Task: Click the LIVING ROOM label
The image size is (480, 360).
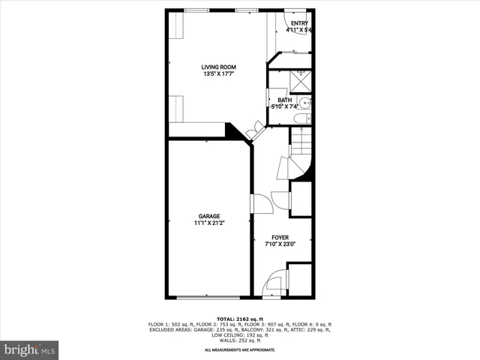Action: click(x=218, y=67)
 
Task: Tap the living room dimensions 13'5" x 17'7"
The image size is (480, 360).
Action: click(x=218, y=74)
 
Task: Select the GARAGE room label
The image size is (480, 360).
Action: click(x=209, y=216)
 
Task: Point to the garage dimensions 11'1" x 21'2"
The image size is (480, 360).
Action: click(x=209, y=223)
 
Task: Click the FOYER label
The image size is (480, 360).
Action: click(x=280, y=236)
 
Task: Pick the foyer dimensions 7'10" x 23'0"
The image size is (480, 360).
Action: click(x=280, y=243)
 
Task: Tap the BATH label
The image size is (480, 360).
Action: click(x=285, y=100)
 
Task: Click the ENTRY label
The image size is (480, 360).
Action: click(x=299, y=23)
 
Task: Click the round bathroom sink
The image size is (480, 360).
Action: click(x=305, y=103)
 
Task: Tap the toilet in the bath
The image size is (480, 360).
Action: click(x=301, y=118)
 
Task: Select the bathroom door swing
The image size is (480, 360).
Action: click(x=273, y=99)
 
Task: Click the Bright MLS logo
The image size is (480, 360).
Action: click(x=29, y=349)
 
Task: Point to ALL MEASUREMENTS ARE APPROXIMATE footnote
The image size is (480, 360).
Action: click(x=240, y=350)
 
